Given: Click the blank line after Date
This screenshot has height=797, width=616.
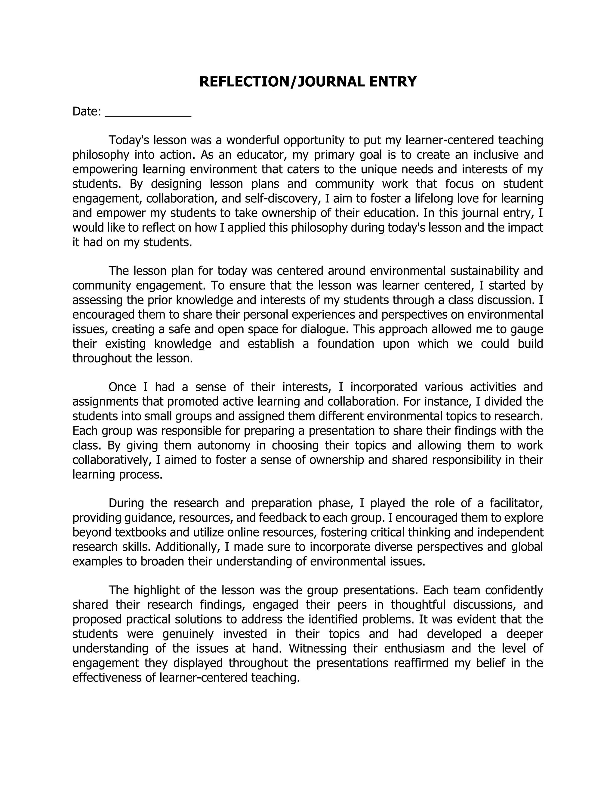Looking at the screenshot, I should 148,113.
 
